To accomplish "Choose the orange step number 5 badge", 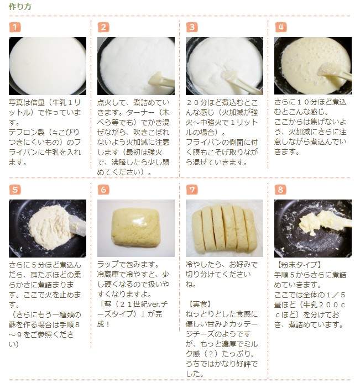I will pyautogui.click(x=15, y=190).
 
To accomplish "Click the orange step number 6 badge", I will pyautogui.click(x=103, y=190).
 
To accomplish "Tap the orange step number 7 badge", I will pyautogui.click(x=192, y=190).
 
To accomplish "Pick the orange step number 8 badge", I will pyautogui.click(x=280, y=190).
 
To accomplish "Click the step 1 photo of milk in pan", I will pyautogui.click(x=48, y=66).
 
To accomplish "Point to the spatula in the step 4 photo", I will pyautogui.click(x=335, y=71).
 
